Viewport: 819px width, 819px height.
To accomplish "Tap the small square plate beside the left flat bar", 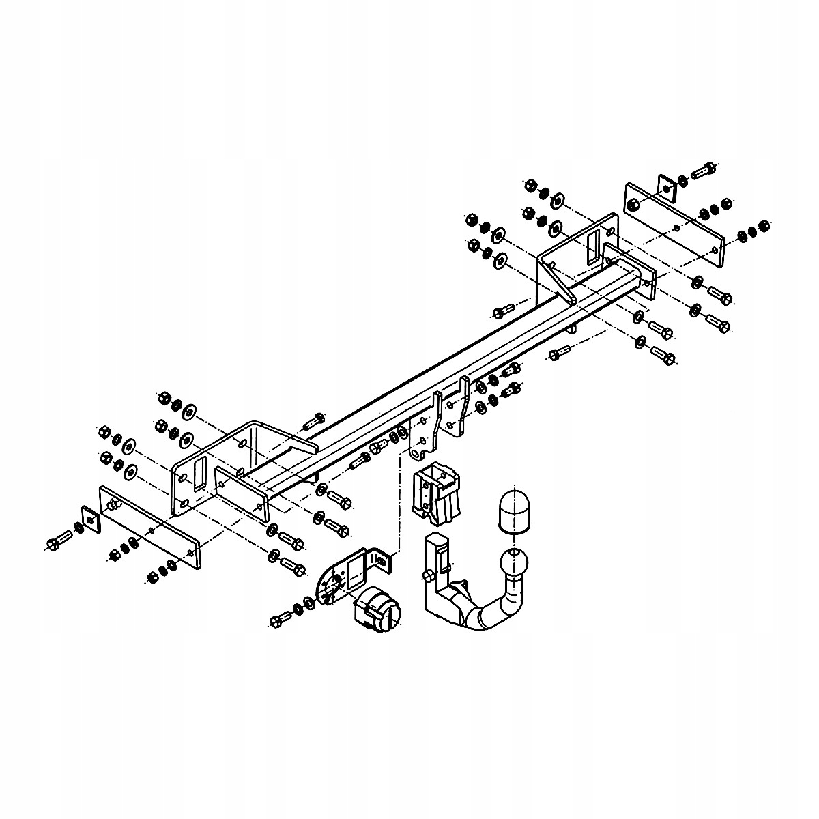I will click(89, 520).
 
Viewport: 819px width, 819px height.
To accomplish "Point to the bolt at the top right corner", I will click(703, 170).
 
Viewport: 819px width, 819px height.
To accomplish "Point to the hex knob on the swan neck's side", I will click(429, 575).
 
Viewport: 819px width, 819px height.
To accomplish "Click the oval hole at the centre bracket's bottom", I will click(414, 452).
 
